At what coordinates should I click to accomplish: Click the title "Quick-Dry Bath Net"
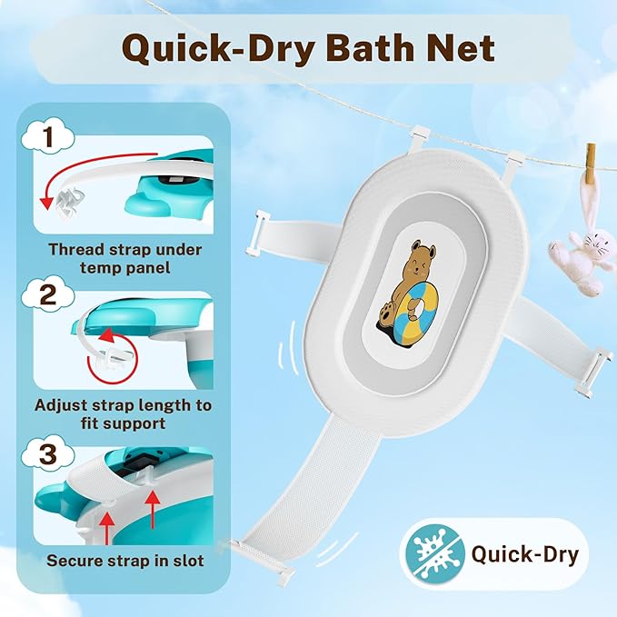pyautogui.click(x=309, y=48)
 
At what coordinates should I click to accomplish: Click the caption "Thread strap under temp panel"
pyautogui.click(x=124, y=258)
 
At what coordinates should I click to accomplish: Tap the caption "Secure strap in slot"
pyautogui.click(x=124, y=561)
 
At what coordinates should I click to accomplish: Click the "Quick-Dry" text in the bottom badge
pyautogui.click(x=524, y=554)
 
